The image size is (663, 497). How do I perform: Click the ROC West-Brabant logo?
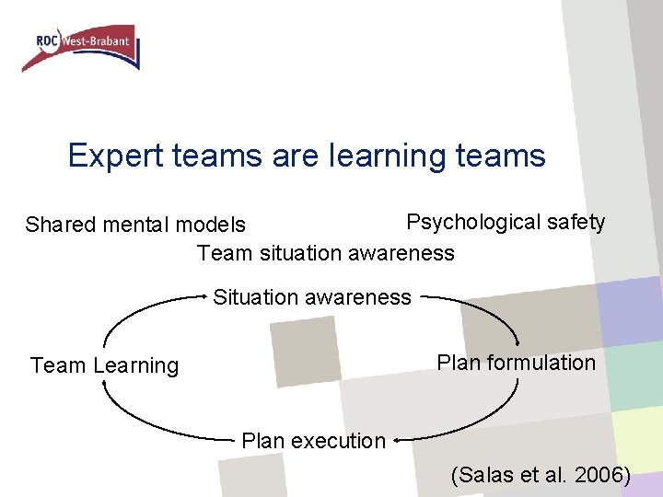(81, 47)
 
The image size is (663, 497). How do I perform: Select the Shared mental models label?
(135, 225)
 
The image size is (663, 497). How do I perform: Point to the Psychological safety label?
(506, 222)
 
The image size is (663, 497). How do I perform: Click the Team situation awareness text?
(325, 252)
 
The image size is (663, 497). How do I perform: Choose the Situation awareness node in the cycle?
(312, 297)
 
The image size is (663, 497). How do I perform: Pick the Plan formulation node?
(516, 363)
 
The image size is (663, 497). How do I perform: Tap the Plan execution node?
(313, 441)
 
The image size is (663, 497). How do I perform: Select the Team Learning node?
(104, 365)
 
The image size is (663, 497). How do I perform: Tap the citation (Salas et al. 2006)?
(541, 475)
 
